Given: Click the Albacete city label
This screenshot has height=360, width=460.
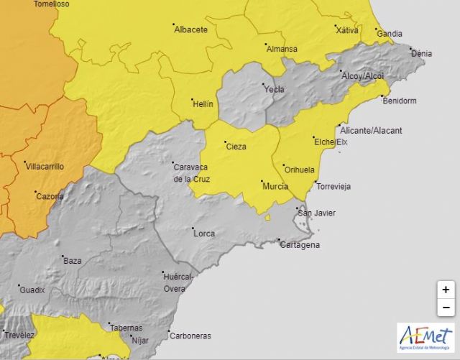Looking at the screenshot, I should coord(191,29).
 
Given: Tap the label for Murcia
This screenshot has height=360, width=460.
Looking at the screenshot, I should coord(276,186).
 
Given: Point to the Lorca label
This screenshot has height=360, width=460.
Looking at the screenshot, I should coord(204,234).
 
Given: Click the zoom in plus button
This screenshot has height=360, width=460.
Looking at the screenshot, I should coord(446,290).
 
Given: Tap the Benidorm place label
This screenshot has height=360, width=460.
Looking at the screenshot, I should coord(400,101).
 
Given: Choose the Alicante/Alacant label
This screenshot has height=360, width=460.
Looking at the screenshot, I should coord(372,130).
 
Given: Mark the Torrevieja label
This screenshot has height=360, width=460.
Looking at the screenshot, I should coord(333,187).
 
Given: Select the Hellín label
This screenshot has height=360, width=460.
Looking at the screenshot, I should coord(203,104).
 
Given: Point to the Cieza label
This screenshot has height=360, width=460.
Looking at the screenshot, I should coord(236,147).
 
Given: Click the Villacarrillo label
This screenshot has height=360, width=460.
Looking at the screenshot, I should coord(45,166).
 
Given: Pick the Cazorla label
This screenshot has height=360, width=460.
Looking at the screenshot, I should coord(50,196).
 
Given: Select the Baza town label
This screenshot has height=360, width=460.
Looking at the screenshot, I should coord(73,260).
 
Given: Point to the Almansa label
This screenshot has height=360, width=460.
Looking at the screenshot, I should coord(282,49).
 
